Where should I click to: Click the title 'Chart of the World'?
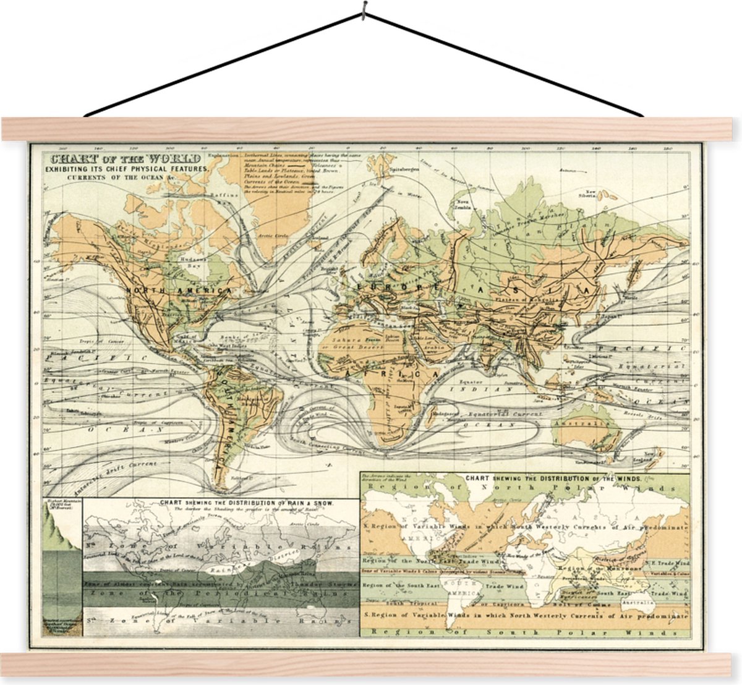121,158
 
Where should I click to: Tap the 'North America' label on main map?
178,290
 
